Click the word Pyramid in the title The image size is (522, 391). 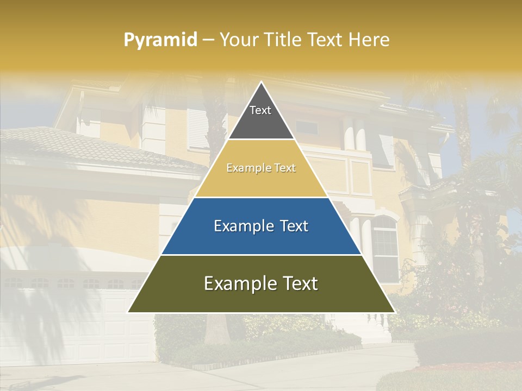(x=160, y=40)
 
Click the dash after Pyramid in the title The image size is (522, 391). (x=208, y=40)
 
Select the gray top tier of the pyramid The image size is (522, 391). (x=261, y=122)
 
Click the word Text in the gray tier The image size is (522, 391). (x=260, y=110)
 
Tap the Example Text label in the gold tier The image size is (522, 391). (x=261, y=168)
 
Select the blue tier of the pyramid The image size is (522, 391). (x=261, y=239)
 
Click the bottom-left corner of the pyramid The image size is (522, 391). (x=129, y=312)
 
